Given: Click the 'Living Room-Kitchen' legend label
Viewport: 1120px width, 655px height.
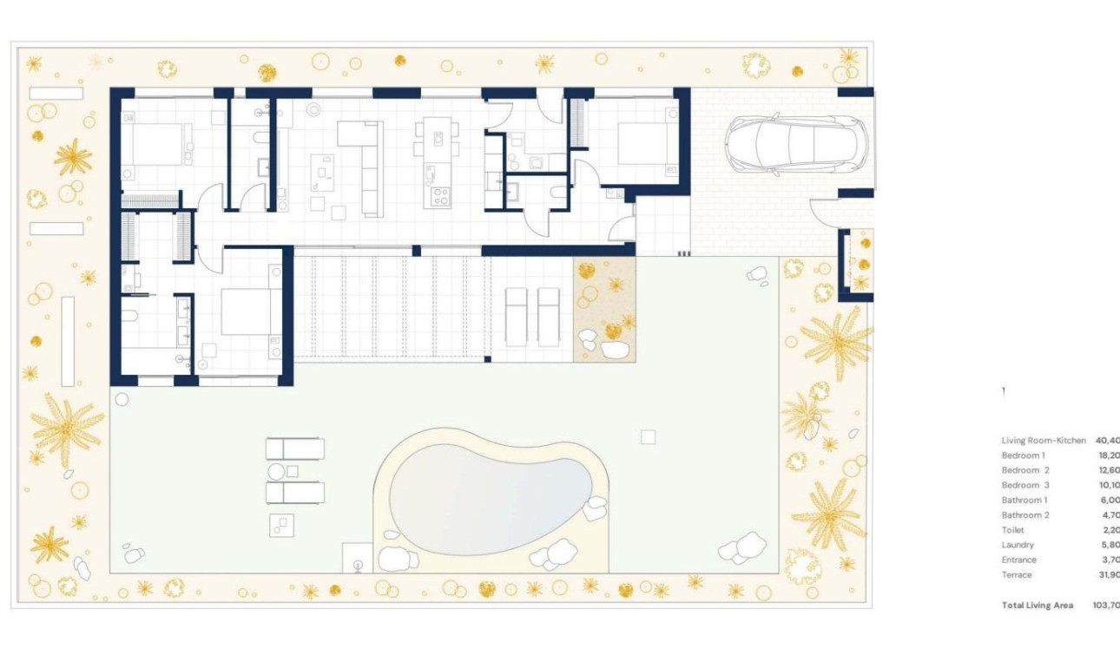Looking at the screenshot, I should click(1044, 441).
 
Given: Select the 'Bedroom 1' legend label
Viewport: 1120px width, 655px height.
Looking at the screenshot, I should click(1023, 455).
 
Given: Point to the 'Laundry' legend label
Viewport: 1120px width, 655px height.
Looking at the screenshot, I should click(1018, 545).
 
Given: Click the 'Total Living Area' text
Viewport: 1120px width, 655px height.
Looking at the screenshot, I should click(1038, 605).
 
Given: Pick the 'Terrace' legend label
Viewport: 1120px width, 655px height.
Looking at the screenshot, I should click(1017, 574).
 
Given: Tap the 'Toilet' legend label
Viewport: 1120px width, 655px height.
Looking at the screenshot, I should click(1012, 530).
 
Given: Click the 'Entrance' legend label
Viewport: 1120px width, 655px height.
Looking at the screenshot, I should click(1018, 560).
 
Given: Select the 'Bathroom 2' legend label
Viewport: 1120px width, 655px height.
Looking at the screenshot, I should click(1025, 515).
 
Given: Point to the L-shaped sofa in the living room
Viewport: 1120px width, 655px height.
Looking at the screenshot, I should click(366, 165).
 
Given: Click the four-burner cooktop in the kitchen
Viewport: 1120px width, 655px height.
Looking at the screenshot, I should click(439, 196).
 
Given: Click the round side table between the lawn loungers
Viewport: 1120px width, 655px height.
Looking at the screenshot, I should click(277, 471).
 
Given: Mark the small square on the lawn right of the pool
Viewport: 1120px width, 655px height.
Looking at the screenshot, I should click(648, 437).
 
